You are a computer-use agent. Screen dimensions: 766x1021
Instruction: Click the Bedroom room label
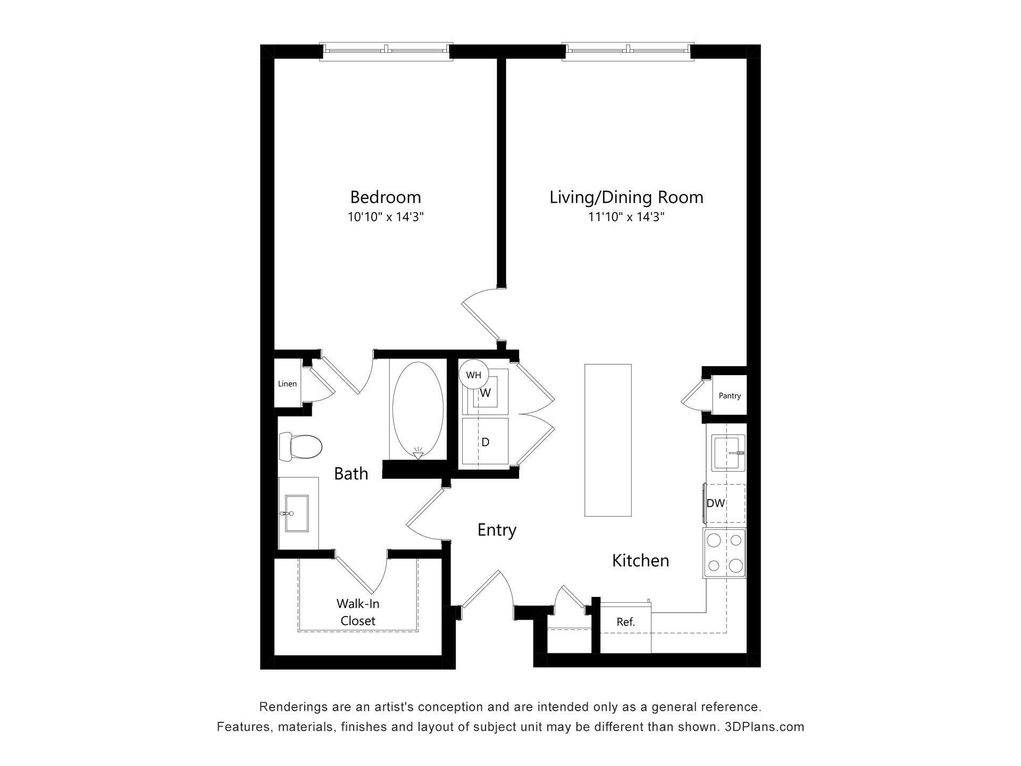(x=385, y=197)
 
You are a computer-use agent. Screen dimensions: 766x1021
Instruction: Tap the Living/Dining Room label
(x=626, y=197)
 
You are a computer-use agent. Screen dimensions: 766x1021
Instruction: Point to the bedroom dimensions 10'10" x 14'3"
(x=385, y=217)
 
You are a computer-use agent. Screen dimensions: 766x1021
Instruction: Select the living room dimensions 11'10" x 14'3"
(x=626, y=217)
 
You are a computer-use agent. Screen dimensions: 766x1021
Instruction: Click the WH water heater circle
(x=473, y=375)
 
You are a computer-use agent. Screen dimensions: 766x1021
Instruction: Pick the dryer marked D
(x=485, y=442)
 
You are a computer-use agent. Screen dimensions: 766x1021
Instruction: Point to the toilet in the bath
(x=301, y=447)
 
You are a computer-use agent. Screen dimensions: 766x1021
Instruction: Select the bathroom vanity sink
(x=296, y=513)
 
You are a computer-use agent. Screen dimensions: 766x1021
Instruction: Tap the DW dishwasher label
(x=715, y=503)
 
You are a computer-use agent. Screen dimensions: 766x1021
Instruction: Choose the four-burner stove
(x=725, y=553)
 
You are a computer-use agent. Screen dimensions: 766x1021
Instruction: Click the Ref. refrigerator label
(x=625, y=622)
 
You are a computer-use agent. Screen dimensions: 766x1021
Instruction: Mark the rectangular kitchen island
(x=608, y=440)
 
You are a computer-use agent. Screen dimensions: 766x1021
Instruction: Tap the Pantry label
(x=730, y=396)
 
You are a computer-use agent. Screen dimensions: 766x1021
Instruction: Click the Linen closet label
(x=287, y=384)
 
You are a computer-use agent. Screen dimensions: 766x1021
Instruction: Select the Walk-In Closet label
(x=358, y=612)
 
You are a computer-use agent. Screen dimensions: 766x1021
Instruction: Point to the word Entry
(x=497, y=530)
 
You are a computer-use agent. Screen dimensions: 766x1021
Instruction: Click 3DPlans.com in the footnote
(x=764, y=727)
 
